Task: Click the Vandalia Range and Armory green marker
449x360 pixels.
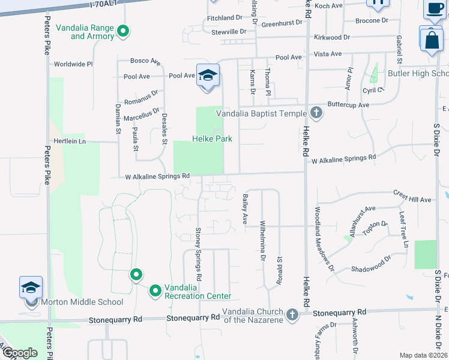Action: (123, 31)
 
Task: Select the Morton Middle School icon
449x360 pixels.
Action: (31, 288)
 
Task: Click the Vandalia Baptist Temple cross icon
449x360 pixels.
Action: (316, 113)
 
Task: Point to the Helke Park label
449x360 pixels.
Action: (211, 139)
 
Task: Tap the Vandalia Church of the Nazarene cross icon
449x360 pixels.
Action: (292, 314)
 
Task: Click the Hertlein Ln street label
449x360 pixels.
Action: (70, 142)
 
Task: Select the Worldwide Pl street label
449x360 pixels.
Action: (73, 64)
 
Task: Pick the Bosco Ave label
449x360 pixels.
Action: (146, 61)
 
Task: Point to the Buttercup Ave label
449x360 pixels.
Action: (348, 104)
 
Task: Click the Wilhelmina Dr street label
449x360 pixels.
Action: (262, 241)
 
